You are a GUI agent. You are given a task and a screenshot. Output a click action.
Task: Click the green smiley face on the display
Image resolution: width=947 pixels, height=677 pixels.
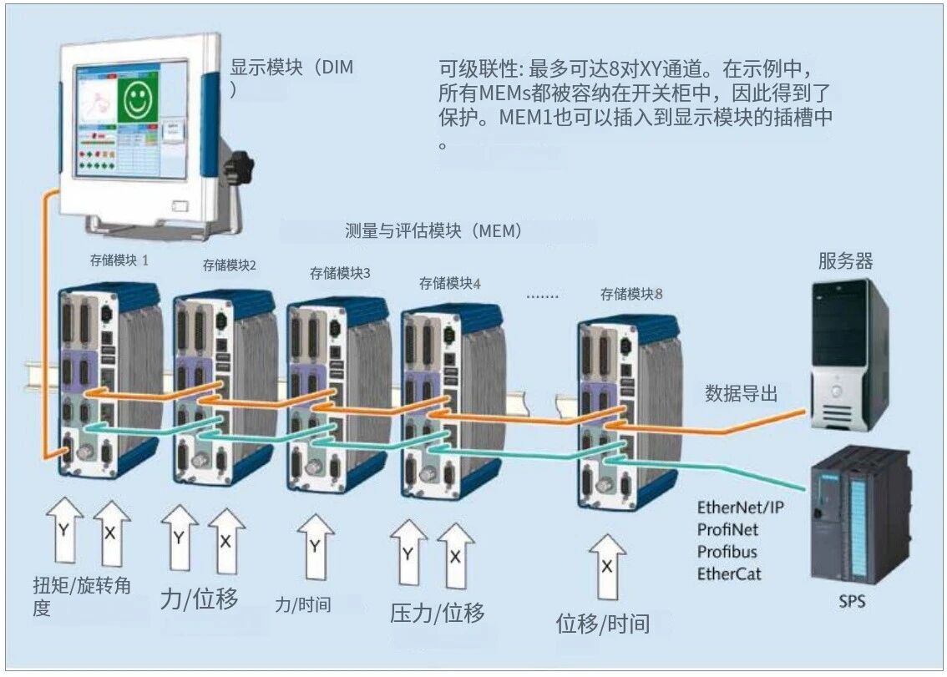point(135,100)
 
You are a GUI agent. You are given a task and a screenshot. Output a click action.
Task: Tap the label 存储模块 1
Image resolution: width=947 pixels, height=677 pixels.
point(119,260)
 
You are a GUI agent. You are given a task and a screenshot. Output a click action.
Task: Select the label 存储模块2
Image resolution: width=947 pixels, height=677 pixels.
point(229,265)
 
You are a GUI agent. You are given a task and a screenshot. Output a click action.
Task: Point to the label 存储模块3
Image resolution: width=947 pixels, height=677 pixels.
point(340,273)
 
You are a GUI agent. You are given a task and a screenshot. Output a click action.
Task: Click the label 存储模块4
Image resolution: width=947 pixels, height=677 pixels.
point(450,283)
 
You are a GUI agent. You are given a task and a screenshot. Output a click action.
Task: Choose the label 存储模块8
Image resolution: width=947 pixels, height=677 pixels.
point(632,294)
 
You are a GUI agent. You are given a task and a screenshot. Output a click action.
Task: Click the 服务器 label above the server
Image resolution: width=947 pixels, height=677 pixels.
point(845,261)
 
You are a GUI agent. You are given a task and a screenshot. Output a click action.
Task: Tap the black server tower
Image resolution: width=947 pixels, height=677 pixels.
point(844,355)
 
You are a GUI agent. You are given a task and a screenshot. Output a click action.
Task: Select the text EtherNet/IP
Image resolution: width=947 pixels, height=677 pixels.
point(740,508)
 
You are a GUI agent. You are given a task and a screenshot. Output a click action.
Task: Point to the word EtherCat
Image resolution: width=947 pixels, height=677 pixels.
point(729,573)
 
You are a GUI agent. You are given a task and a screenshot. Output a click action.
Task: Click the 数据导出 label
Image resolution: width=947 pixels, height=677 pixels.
point(741,393)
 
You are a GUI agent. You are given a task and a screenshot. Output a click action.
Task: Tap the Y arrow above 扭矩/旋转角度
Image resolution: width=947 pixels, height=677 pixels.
point(64,532)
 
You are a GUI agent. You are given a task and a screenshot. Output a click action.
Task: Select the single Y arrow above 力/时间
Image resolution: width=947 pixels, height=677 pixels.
point(315,548)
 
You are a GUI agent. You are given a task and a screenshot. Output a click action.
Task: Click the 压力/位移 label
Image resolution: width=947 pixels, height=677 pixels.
point(437,614)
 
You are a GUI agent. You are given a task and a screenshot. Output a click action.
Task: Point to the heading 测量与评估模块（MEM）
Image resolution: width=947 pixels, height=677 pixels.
point(433,231)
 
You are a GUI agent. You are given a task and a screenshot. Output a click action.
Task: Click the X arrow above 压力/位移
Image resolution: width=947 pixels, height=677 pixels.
point(455,556)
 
